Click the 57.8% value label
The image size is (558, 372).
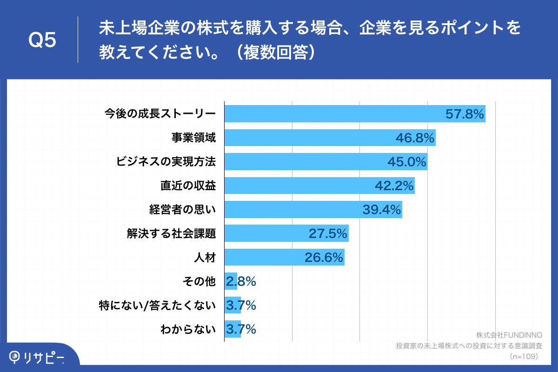465,114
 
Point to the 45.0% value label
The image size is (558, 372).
407,162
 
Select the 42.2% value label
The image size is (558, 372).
394,186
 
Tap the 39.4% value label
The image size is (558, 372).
382,210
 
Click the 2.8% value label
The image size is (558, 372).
241,281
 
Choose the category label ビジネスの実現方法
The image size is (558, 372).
166,162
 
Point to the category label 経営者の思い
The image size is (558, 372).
182,210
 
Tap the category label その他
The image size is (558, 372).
200,281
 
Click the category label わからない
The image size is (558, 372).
188,330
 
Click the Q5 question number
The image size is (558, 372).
42,41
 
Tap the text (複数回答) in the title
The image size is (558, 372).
276,52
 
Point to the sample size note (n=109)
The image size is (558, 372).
523,357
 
